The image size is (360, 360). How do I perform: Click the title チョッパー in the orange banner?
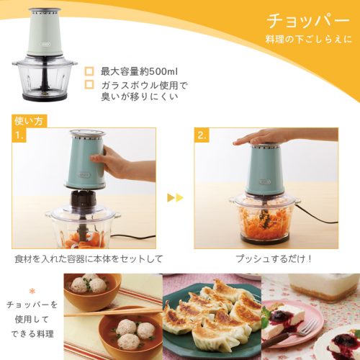click(308, 21)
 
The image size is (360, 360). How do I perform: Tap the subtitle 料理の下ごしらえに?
click(308, 39)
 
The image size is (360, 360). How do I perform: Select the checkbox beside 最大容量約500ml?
click(89, 71)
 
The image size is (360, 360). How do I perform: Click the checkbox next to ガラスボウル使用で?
click(89, 84)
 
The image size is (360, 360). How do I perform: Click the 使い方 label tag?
click(29, 121)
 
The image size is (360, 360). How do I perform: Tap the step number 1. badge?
click(19, 135)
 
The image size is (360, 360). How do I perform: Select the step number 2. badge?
click(202, 135)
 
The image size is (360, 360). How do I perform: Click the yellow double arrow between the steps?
click(175, 198)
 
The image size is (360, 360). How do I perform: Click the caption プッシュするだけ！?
click(274, 258)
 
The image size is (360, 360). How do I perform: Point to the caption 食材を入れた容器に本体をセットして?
click(89, 259)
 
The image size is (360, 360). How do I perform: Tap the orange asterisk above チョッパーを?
click(32, 292)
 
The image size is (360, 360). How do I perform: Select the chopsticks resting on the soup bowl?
click(113, 312)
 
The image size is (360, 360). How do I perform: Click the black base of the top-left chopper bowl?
click(45, 96)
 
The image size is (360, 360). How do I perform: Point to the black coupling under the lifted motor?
click(82, 199)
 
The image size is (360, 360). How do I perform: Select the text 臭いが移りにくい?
click(140, 96)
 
